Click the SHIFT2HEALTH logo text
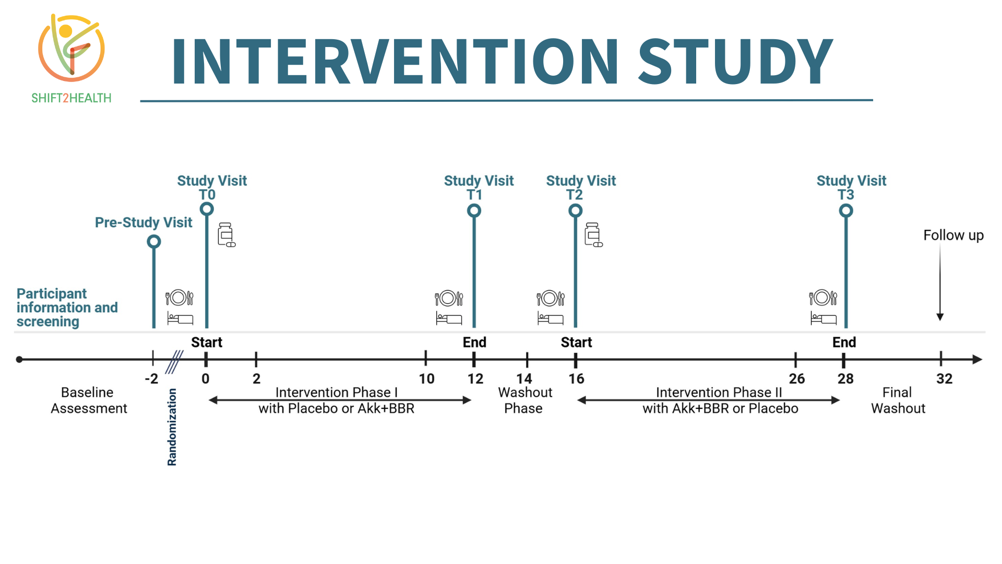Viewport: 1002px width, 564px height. [x=71, y=98]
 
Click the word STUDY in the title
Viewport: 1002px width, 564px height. [x=735, y=61]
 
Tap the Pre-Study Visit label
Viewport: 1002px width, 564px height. [x=144, y=222]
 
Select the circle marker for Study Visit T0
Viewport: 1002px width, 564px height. [x=207, y=209]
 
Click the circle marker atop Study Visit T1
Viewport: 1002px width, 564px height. [x=474, y=211]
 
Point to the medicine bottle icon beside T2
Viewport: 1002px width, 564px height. [x=593, y=234]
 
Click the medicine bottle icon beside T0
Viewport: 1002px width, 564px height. [x=226, y=234]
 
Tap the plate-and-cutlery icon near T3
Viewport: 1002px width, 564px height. [x=823, y=298]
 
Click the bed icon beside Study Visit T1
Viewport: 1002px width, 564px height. [x=449, y=318]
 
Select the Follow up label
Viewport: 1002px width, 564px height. [x=953, y=236]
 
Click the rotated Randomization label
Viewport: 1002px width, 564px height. [x=172, y=427]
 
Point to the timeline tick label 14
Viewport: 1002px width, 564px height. [x=524, y=379]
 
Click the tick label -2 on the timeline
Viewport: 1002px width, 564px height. [x=151, y=379]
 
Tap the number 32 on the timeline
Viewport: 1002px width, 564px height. [x=944, y=379]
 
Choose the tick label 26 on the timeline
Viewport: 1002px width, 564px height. [x=796, y=379]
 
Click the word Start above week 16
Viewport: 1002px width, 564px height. [x=576, y=343]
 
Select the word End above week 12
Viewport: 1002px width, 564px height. [x=474, y=343]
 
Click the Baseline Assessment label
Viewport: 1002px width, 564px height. [x=89, y=401]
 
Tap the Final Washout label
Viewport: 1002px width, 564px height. [x=898, y=401]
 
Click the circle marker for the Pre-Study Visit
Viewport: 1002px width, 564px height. [x=154, y=242]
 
